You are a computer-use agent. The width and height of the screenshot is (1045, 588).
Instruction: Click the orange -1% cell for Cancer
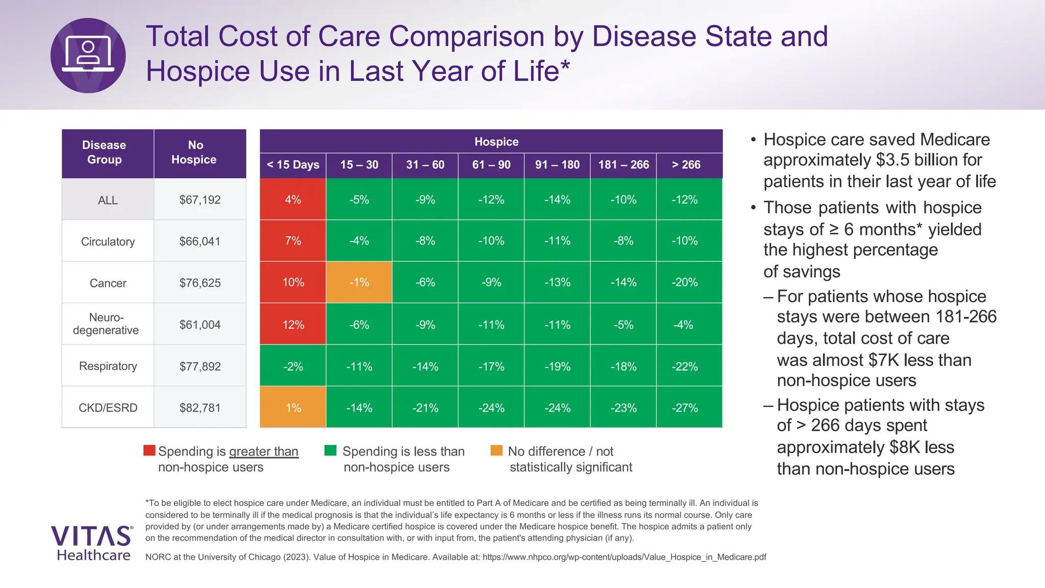click(359, 282)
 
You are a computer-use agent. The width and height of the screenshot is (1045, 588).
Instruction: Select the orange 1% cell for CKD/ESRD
click(293, 407)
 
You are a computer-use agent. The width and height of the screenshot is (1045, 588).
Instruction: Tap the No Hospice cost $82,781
click(200, 408)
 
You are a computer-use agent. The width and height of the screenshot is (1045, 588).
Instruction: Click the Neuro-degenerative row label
click(106, 324)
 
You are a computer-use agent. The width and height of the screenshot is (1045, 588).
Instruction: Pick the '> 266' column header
click(686, 165)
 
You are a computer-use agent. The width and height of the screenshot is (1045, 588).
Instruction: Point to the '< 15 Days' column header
click(293, 165)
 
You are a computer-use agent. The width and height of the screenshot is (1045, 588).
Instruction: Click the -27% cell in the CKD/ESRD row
click(685, 408)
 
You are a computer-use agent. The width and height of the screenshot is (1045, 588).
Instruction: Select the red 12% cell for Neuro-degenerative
click(293, 325)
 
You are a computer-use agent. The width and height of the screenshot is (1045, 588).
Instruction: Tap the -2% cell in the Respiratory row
click(293, 366)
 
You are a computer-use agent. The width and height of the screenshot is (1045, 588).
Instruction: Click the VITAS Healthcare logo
click(92, 543)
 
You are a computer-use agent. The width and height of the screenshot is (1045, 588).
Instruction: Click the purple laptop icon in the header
click(88, 55)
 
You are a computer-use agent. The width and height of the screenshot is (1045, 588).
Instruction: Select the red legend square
click(149, 450)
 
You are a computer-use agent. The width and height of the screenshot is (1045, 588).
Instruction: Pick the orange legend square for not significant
click(496, 450)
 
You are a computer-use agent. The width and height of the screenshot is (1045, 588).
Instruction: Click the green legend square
click(330, 450)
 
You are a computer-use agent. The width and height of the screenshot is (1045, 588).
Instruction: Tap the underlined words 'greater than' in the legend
click(263, 451)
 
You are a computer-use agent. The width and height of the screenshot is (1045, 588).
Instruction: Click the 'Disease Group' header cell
click(104, 153)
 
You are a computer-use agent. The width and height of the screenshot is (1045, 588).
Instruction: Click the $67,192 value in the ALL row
click(200, 200)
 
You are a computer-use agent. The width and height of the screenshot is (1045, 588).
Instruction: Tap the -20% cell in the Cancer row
click(685, 282)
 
